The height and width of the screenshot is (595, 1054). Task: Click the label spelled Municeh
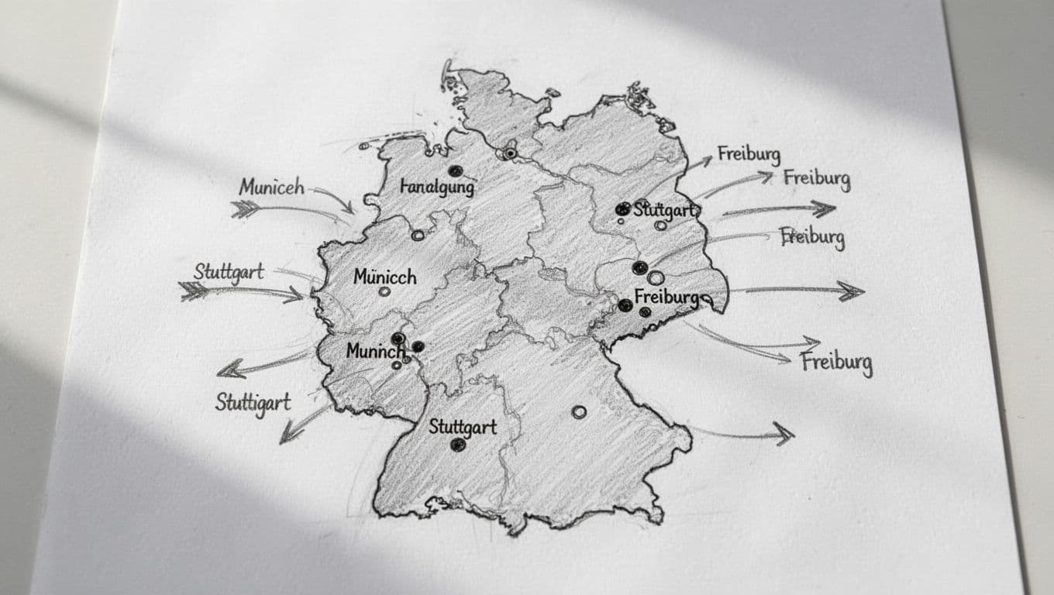coord(271,187)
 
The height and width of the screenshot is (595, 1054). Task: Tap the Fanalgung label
coord(437,187)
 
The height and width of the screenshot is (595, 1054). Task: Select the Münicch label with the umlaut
coord(384,277)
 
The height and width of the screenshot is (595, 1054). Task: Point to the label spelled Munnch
coord(376,351)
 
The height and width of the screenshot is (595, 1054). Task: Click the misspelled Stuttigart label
coord(253,403)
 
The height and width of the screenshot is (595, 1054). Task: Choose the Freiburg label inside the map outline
coord(666,297)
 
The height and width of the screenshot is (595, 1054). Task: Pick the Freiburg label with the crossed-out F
coord(812,236)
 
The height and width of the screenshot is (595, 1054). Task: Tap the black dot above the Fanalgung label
coord(455,170)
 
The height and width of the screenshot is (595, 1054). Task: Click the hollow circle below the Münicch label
coord(384,292)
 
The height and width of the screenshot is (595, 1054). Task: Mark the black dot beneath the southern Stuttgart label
coord(458,445)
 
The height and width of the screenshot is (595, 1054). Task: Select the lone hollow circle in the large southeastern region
coord(578,412)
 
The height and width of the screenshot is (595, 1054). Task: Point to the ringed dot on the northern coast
coord(509,153)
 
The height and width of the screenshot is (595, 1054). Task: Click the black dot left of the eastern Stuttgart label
coord(622,208)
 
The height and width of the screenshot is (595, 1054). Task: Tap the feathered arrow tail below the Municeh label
coord(244,208)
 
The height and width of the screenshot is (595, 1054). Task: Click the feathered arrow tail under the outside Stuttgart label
coord(194,291)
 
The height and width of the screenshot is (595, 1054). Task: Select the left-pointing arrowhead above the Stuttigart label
coord(227,370)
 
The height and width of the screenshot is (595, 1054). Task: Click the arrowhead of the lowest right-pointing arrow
coord(785,434)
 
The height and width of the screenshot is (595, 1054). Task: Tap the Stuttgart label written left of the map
coord(229,272)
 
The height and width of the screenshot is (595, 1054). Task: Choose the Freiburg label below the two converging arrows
coord(836,363)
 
